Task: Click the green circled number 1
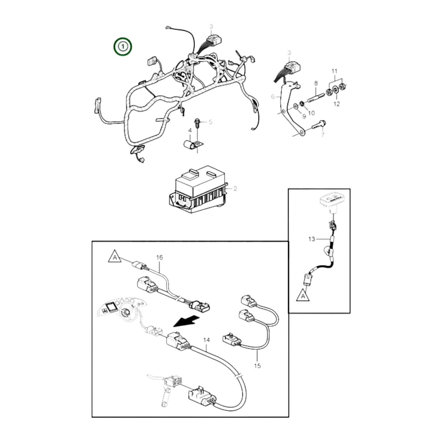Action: coord(123,47)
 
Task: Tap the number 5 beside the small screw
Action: coord(210,122)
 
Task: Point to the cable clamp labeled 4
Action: coord(191,145)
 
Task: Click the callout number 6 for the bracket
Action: coord(273,97)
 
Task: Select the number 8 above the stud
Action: coord(316,83)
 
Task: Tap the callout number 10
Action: coord(311,113)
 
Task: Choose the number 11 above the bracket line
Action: coord(335,71)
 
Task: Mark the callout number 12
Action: coord(336,104)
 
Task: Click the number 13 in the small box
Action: coord(311,239)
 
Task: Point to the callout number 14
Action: coord(206,340)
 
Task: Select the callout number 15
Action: coord(257,366)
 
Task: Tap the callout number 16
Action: coord(159,258)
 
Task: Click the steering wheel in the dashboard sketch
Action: coord(126,312)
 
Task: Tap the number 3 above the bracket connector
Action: coord(289,53)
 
